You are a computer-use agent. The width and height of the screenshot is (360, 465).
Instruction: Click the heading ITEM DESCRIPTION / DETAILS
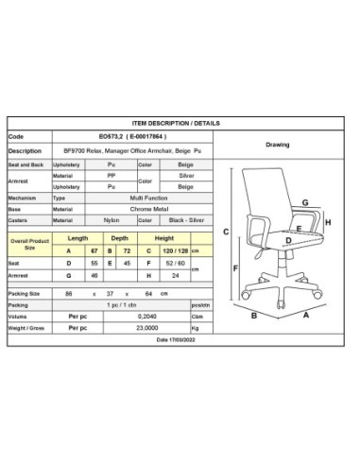[180, 122]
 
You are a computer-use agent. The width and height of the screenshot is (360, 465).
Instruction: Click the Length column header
[78, 238]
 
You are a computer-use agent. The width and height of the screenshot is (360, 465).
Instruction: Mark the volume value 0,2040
[146, 318]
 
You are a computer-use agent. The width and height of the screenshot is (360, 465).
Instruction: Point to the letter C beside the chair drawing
[227, 232]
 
